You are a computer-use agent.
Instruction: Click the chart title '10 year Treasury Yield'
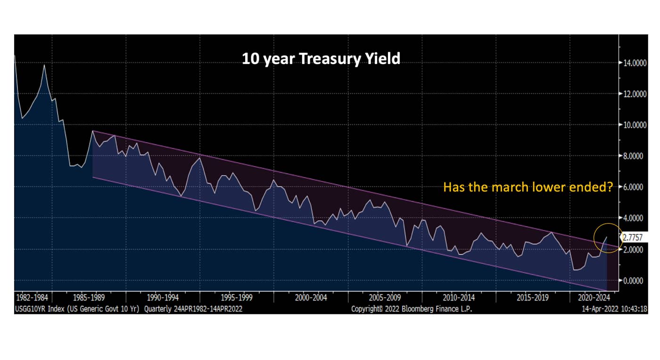(x=321, y=58)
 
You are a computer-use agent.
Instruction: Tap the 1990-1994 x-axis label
(x=163, y=298)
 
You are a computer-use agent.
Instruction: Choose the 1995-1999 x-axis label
(x=236, y=298)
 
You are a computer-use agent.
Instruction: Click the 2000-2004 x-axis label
(x=311, y=298)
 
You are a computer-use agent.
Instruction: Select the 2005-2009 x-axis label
(x=385, y=298)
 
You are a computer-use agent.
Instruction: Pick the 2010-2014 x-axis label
(x=459, y=298)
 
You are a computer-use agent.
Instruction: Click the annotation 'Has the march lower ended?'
(x=528, y=188)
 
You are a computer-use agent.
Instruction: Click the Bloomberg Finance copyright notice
(x=412, y=309)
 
